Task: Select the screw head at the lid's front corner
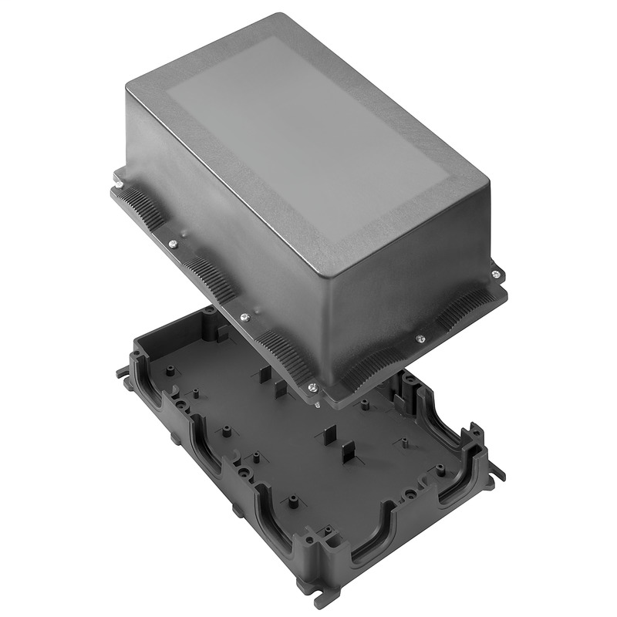click(311, 387)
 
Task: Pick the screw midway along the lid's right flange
click(420, 338)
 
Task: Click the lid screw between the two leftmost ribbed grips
click(172, 244)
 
